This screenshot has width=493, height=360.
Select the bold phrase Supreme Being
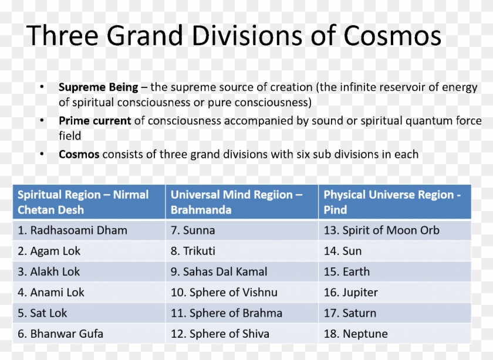[x=98, y=87]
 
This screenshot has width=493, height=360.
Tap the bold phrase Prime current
[x=94, y=121]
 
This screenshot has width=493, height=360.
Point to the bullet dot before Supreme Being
[x=42, y=87]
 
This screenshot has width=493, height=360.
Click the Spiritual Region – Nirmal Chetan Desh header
[x=83, y=202]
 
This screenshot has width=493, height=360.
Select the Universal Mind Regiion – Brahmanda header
[x=236, y=202]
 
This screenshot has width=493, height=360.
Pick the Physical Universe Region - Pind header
[x=391, y=202]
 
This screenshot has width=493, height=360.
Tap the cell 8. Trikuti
[x=193, y=251]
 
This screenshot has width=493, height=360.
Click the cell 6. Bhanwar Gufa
[x=60, y=334]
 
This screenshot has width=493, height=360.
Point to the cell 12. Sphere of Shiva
[x=220, y=334]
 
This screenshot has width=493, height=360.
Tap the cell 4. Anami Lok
[x=51, y=292]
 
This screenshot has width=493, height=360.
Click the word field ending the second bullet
[x=70, y=135]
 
